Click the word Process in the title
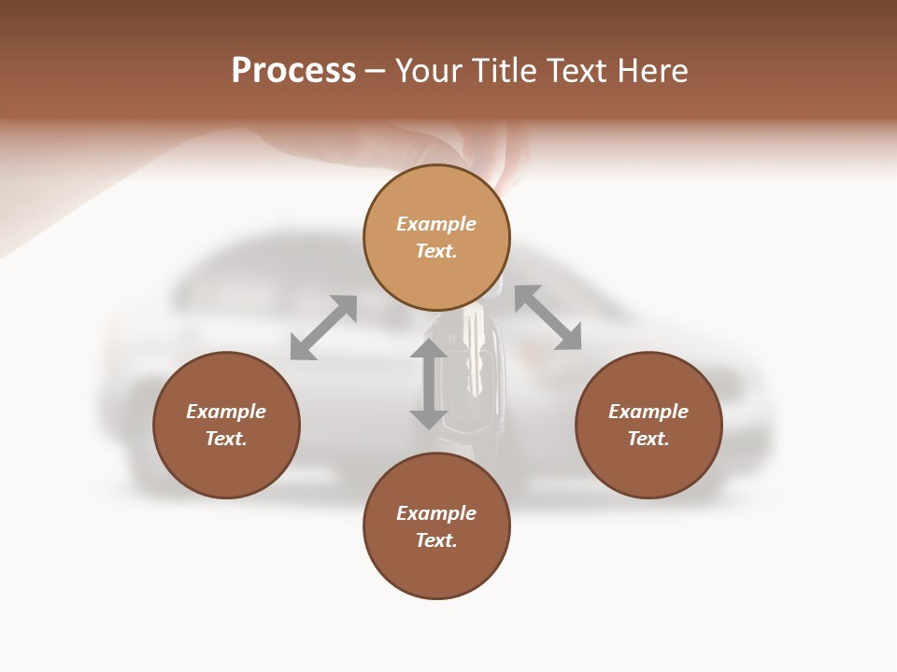[x=293, y=71]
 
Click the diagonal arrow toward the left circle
[x=323, y=328]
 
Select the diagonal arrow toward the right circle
[x=548, y=317]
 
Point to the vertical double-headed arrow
[x=429, y=384]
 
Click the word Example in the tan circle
[x=436, y=224]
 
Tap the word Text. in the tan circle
[x=436, y=251]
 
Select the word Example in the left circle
[x=226, y=412]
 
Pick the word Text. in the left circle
[x=226, y=439]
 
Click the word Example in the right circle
[x=648, y=412]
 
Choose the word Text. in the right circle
[x=648, y=439]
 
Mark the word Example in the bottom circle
[x=436, y=513]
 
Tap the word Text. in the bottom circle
[x=436, y=540]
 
